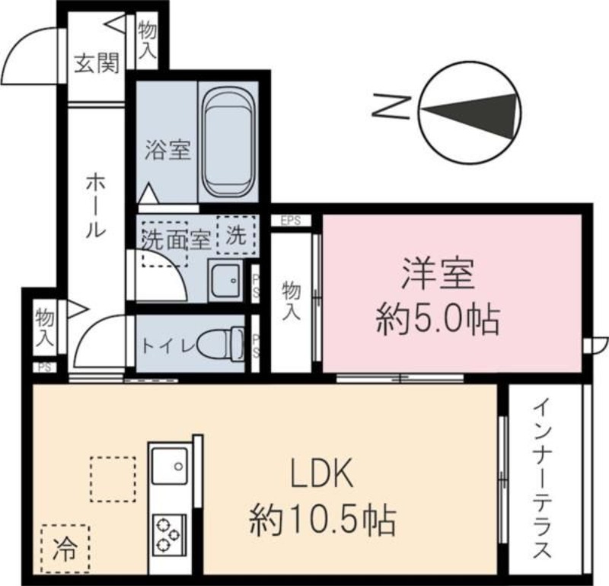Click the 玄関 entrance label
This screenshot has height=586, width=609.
point(96,65)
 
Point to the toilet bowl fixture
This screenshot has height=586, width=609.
point(223,342)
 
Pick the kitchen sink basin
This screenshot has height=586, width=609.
point(169,464)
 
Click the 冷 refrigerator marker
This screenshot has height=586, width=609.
point(65,548)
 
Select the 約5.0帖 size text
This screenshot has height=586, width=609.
point(438,321)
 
